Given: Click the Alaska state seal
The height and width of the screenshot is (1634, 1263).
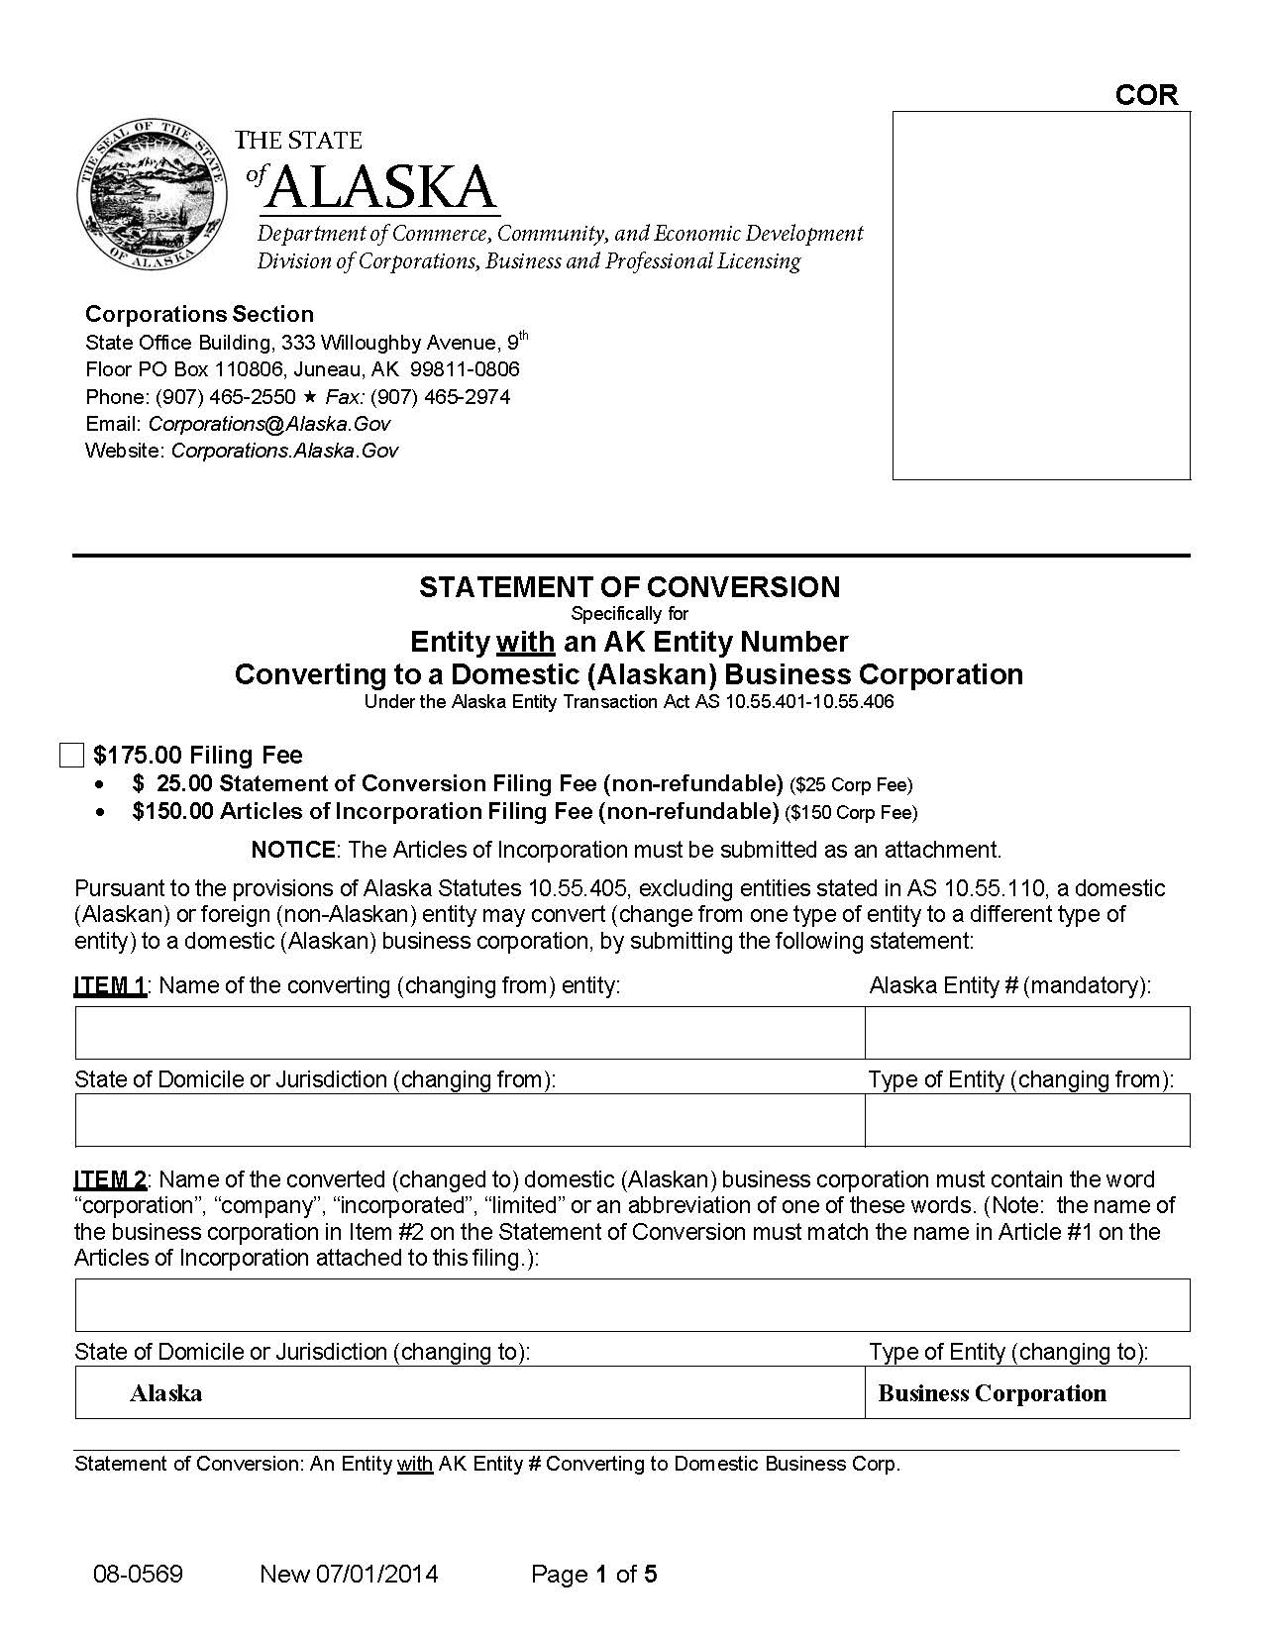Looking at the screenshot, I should [x=151, y=196].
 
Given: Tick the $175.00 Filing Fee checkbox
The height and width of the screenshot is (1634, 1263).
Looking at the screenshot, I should [x=71, y=756].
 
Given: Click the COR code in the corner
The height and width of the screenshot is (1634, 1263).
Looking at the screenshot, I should [x=1146, y=95].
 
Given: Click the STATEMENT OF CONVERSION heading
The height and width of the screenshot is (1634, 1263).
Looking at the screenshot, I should [x=629, y=587].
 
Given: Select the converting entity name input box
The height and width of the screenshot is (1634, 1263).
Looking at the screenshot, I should [x=470, y=1033].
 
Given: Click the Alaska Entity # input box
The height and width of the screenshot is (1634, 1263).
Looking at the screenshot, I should [x=1027, y=1033].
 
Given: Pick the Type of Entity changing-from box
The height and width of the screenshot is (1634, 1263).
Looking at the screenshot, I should [x=1027, y=1120].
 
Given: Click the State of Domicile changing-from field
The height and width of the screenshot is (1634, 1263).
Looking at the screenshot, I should [x=470, y=1120].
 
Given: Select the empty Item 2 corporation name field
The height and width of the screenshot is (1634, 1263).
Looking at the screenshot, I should [x=632, y=1304].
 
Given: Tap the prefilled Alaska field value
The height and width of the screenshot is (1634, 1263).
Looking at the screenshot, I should [x=166, y=1393].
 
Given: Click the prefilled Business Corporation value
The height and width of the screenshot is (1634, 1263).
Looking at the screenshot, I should [x=992, y=1393].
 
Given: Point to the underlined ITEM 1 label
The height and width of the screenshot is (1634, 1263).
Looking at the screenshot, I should [x=110, y=986].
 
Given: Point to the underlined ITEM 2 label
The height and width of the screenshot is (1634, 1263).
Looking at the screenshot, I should [x=110, y=1179].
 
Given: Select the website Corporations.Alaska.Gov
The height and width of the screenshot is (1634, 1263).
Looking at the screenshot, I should [x=284, y=451].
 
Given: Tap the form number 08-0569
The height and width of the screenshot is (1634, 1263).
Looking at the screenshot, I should [x=138, y=1574].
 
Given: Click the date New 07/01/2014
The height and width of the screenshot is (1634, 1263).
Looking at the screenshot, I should [x=349, y=1574].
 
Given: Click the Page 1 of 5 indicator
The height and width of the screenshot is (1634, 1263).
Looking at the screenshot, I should [x=594, y=1574].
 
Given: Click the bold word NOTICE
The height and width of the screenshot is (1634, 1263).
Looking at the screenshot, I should [x=293, y=850].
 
